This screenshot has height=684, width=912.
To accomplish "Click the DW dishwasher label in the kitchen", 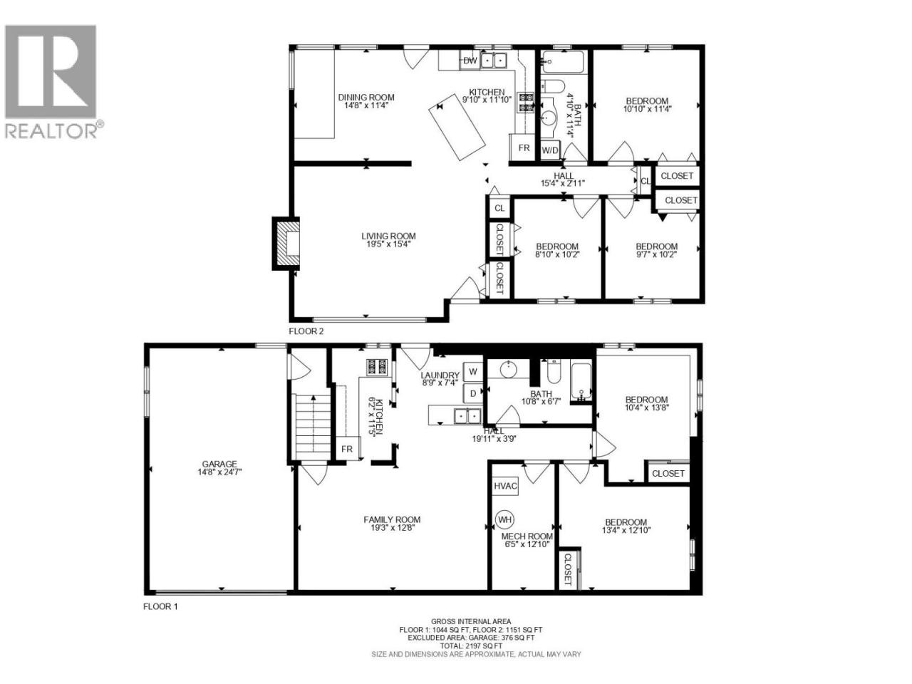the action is pos(470,61).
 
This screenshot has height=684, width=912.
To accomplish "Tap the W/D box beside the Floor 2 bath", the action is pos(550,150).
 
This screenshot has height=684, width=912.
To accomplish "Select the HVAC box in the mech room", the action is pos(505,486).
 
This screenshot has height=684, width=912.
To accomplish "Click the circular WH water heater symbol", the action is pos(505,519).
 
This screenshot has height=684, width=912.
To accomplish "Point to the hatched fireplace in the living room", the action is pos(286,244).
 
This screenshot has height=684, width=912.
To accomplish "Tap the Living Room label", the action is pos(388,236).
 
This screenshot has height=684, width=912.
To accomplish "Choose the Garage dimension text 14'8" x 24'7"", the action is pos(219,472).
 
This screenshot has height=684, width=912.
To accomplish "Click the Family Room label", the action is pos(392,519).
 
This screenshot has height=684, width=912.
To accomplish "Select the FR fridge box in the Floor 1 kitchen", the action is pos(348,449).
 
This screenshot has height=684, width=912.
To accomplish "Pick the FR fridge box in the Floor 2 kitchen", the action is pos(524,147).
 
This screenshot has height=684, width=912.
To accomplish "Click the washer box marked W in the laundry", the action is pos(473,372).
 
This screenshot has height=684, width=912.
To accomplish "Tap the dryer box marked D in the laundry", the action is pos(473,394).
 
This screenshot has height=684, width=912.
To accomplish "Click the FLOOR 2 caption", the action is pos(306,331).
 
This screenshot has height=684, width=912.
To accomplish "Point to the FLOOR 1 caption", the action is pos(160,606).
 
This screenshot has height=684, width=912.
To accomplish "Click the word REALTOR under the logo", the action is pos(51,131).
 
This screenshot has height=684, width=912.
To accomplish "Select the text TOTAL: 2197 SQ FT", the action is pos(471,646).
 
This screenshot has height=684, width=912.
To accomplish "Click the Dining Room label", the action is pos(366,97).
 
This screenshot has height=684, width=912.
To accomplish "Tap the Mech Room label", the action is pos(527,536).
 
